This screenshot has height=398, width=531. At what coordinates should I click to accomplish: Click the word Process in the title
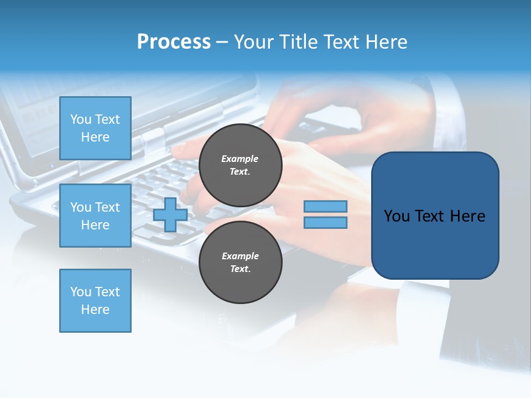174,41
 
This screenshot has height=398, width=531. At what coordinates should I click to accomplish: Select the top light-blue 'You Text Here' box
95,128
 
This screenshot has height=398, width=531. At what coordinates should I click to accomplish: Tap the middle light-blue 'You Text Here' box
95,216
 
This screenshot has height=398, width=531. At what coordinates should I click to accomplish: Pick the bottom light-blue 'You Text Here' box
95,301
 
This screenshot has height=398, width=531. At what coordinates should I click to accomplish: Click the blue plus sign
170,214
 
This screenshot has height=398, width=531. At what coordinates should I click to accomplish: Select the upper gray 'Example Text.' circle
240,165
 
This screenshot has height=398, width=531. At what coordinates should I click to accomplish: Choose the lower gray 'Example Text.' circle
240,262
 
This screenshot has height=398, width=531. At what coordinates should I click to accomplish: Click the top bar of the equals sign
326,206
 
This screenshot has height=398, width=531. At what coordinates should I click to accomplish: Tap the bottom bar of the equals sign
326,223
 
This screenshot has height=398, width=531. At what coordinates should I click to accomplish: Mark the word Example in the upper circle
240,159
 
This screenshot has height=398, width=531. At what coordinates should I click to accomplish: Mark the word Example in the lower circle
240,256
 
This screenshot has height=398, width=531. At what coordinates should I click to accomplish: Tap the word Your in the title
254,41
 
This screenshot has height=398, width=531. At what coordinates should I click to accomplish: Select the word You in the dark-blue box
397,216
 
